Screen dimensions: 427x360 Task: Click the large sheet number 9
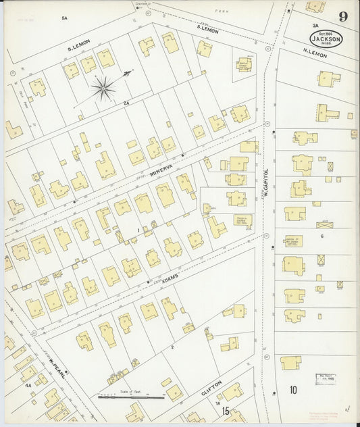tap(344, 16)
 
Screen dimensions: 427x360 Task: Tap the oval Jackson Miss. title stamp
tap(326, 38)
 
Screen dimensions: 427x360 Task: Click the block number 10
tap(293, 390)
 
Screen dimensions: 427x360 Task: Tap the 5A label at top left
tap(65, 18)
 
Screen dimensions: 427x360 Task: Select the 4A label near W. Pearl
tap(28, 386)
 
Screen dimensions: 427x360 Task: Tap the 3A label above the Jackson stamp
tap(315, 25)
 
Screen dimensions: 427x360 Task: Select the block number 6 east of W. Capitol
tap(322, 236)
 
